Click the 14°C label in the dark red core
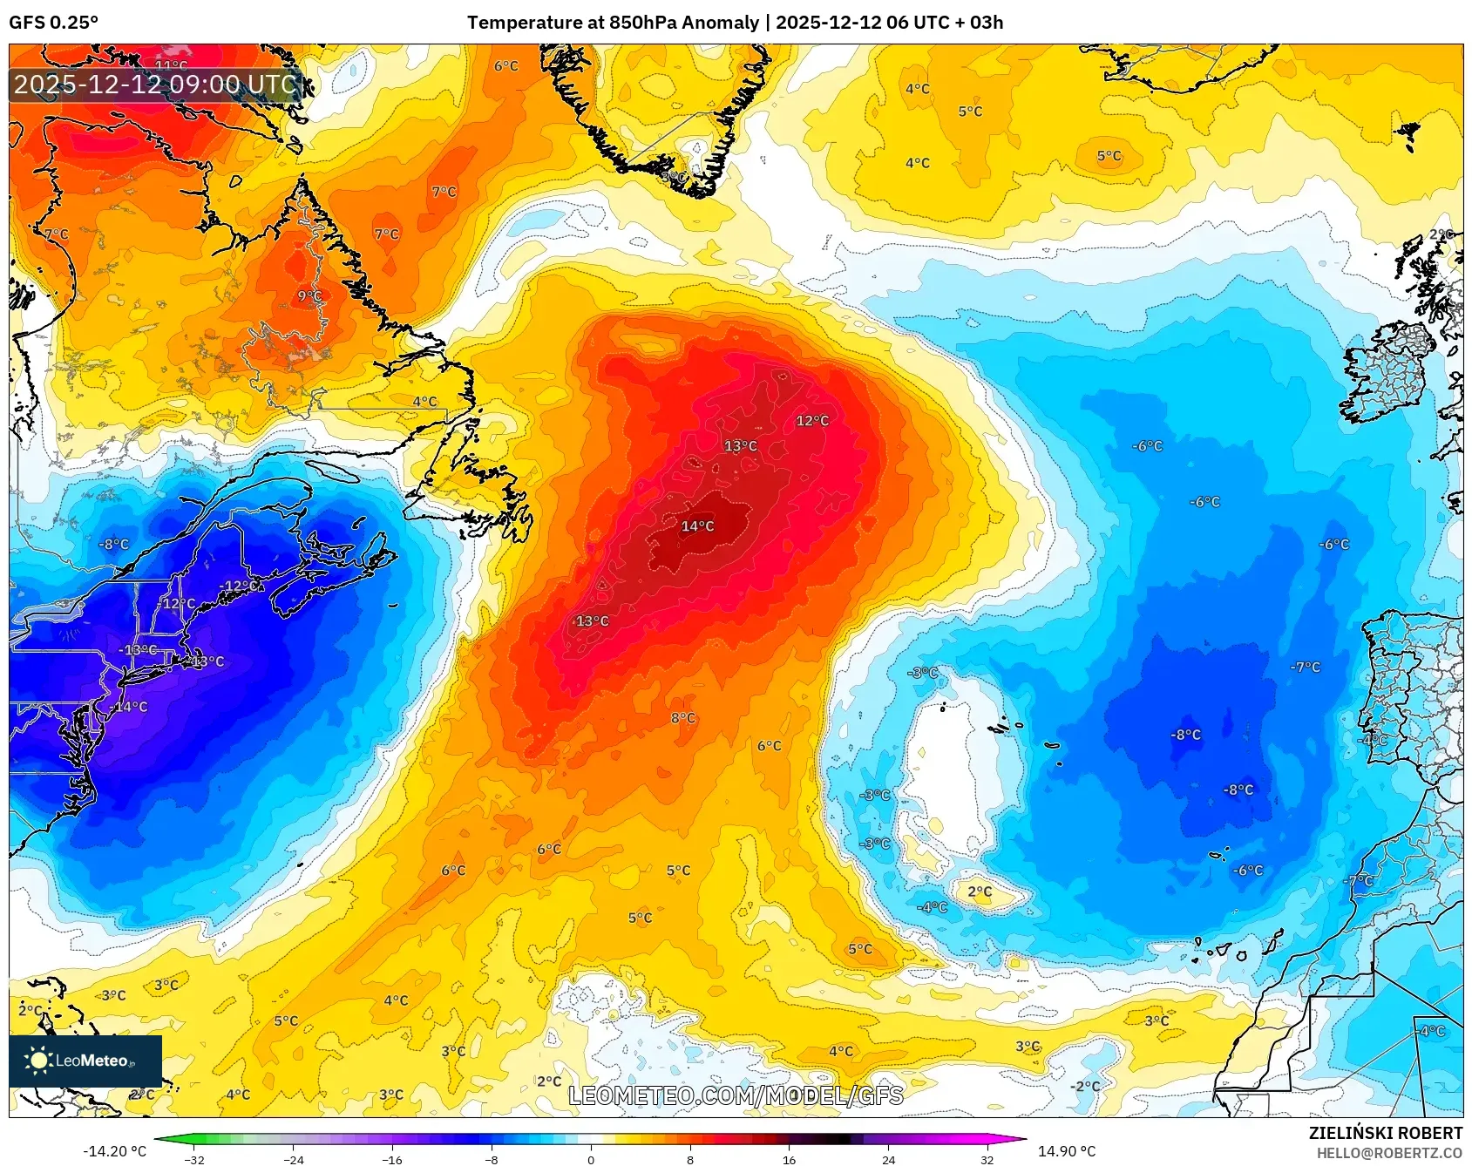pos(697,526)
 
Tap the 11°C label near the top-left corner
pos(171,65)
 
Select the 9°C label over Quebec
pos(309,296)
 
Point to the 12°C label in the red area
pos(812,421)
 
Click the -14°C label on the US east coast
pos(131,707)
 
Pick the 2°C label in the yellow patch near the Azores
pos(980,891)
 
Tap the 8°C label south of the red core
pos(683,718)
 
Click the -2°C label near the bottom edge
pos(1086,1087)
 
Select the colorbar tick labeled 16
pos(789,1159)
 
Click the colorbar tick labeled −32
pos(195,1159)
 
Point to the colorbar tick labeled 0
pos(591,1159)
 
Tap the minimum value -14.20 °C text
pos(114,1151)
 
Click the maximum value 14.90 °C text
pos(1066,1151)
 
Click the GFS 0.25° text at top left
pos(53,23)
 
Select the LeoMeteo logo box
pos(85,1061)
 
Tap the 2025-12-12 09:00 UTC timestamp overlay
pos(155,85)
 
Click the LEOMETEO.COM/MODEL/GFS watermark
pos(736,1095)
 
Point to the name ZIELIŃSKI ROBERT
pos(1385,1133)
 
